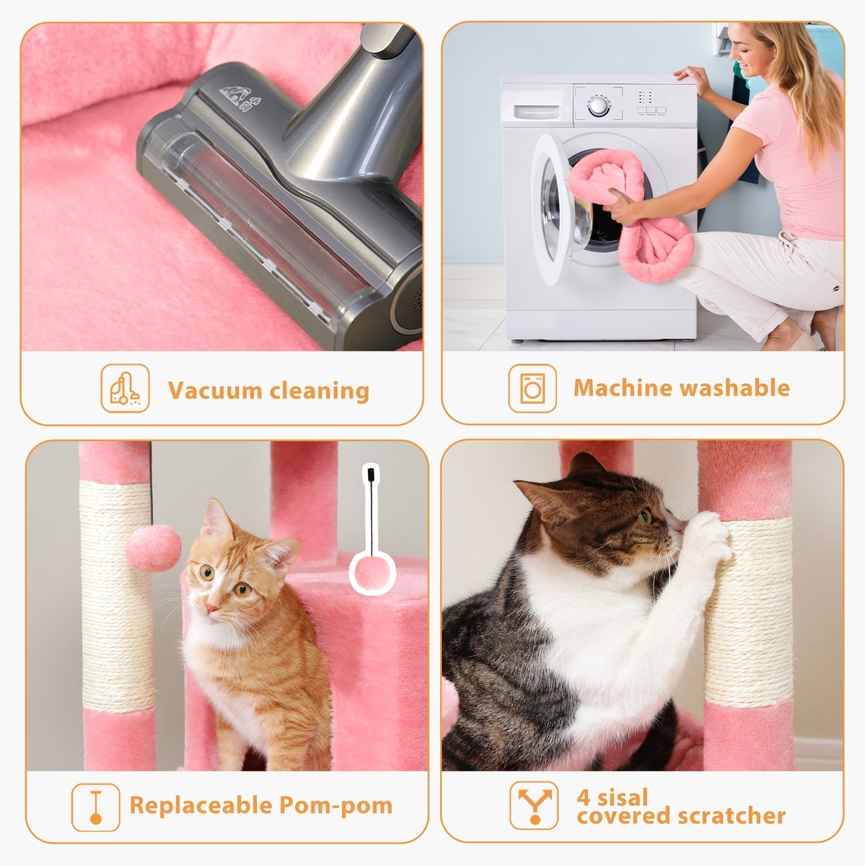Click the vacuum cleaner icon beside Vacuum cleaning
(125, 388)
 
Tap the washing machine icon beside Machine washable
(532, 388)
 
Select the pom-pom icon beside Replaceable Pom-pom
(96, 807)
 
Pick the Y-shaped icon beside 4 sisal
(535, 805)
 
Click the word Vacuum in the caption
(215, 390)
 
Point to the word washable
(736, 388)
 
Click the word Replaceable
(201, 805)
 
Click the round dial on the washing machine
(599, 106)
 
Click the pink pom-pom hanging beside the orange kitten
(153, 548)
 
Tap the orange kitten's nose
(211, 608)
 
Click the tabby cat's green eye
(646, 516)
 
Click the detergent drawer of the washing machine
(536, 112)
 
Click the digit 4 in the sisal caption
(583, 797)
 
